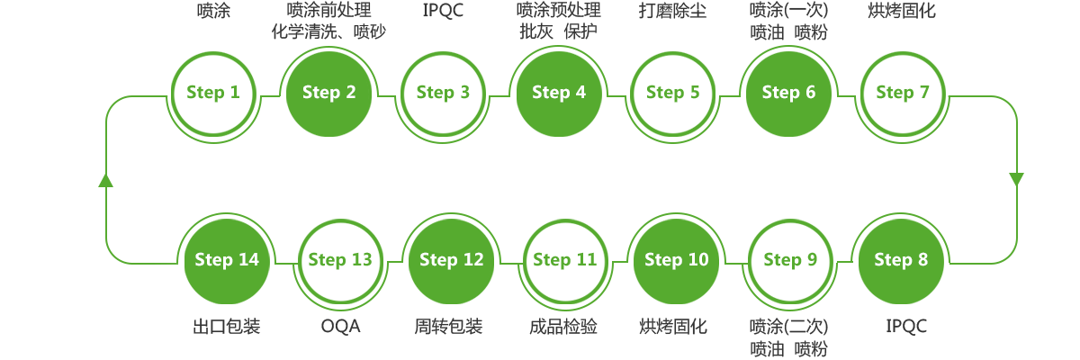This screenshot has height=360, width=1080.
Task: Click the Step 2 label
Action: pyautogui.click(x=328, y=93)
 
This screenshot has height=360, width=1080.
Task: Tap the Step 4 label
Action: pyautogui.click(x=558, y=93)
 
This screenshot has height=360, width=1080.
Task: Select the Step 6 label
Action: pyautogui.click(x=788, y=93)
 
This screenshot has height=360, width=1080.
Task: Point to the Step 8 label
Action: pyautogui.click(x=900, y=260)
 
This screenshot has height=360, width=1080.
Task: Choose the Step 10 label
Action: pyautogui.click(x=676, y=260)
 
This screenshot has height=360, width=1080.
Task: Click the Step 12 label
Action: pyautogui.click(x=451, y=260)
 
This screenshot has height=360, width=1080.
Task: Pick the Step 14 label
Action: pyautogui.click(x=226, y=260)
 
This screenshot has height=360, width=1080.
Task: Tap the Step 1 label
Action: pyautogui.click(x=216, y=93)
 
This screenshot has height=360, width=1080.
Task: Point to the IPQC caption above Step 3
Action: pyautogui.click(x=443, y=12)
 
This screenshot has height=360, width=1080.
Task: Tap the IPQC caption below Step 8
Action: pyautogui.click(x=906, y=327)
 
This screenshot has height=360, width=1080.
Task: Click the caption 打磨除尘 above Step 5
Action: pyautogui.click(x=672, y=12)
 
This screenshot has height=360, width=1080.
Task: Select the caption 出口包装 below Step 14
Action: pyautogui.click(x=226, y=327)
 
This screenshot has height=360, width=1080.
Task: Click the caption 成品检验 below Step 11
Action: pyautogui.click(x=563, y=327)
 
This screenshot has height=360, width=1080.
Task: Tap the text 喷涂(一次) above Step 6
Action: pyautogui.click(x=787, y=11)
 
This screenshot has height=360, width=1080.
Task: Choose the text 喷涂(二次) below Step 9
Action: pyautogui.click(x=787, y=326)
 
